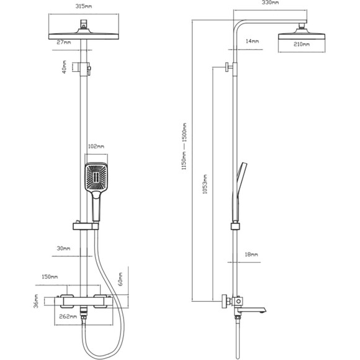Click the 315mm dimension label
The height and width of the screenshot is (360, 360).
point(84,6)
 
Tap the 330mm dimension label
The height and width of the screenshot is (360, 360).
point(270,2)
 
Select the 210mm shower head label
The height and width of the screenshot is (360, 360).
point(302,44)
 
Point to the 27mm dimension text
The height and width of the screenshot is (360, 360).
point(64,42)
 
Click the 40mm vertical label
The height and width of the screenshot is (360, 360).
point(65,67)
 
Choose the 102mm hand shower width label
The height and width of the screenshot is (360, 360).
point(96,146)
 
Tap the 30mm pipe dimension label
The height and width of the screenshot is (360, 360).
point(63,248)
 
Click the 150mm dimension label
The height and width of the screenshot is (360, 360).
point(50,277)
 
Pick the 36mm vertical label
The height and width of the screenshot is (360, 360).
point(36,301)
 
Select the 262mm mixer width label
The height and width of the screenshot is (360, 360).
point(68,317)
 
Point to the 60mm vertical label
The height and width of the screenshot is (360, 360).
point(120,279)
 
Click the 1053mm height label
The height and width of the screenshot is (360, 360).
point(205,184)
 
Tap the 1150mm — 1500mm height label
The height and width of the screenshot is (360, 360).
point(184,146)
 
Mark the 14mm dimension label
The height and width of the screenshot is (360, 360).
point(253,41)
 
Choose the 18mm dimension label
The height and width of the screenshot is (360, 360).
point(251,254)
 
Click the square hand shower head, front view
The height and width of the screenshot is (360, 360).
point(96,177)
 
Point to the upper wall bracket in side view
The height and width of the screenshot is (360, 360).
point(230,67)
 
